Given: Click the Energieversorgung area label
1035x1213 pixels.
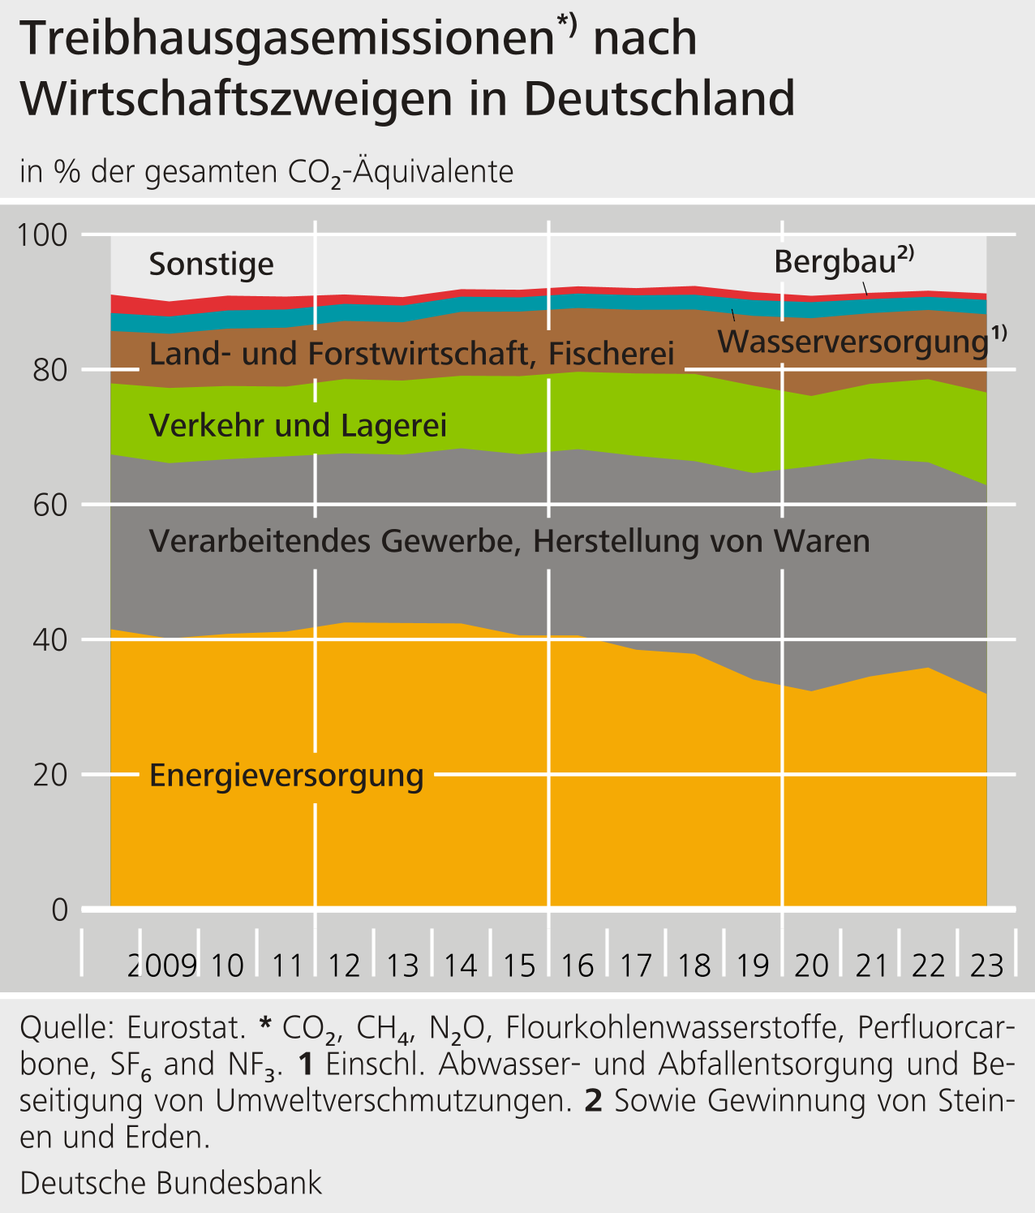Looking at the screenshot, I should point(286,776).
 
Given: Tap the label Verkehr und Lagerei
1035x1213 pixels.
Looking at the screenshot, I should point(298,425).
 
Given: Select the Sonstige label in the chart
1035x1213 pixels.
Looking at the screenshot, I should point(212,265).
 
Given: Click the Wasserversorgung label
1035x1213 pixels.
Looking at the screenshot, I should point(853,342).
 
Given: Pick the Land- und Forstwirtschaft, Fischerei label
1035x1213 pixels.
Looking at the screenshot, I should point(412,354).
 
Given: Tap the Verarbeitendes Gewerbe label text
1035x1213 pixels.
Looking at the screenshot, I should point(509,540).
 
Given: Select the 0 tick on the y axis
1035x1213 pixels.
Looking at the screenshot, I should point(59,910).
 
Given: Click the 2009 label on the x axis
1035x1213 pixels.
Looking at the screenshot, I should point(162,966).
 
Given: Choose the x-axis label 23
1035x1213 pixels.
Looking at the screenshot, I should point(987,966).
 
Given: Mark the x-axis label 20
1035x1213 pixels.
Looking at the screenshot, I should point(811,966).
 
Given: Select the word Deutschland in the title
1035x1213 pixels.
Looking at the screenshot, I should point(659,99).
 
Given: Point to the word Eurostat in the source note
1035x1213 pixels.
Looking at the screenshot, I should point(186,1028).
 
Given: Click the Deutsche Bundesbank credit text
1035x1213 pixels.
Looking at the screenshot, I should point(171,1183).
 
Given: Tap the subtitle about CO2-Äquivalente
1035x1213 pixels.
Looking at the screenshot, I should point(267,172).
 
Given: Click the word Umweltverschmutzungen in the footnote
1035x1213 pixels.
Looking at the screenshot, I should point(389,1101).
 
